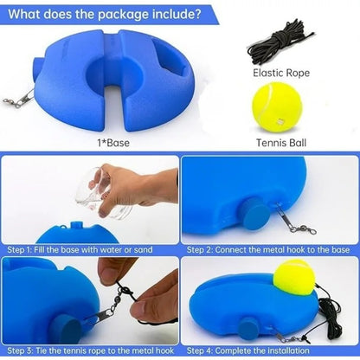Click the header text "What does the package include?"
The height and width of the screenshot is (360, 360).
tap(106, 14)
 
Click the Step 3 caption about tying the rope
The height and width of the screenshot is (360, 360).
tap(89, 350)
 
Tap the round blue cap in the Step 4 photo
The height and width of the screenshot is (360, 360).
tap(247, 328)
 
